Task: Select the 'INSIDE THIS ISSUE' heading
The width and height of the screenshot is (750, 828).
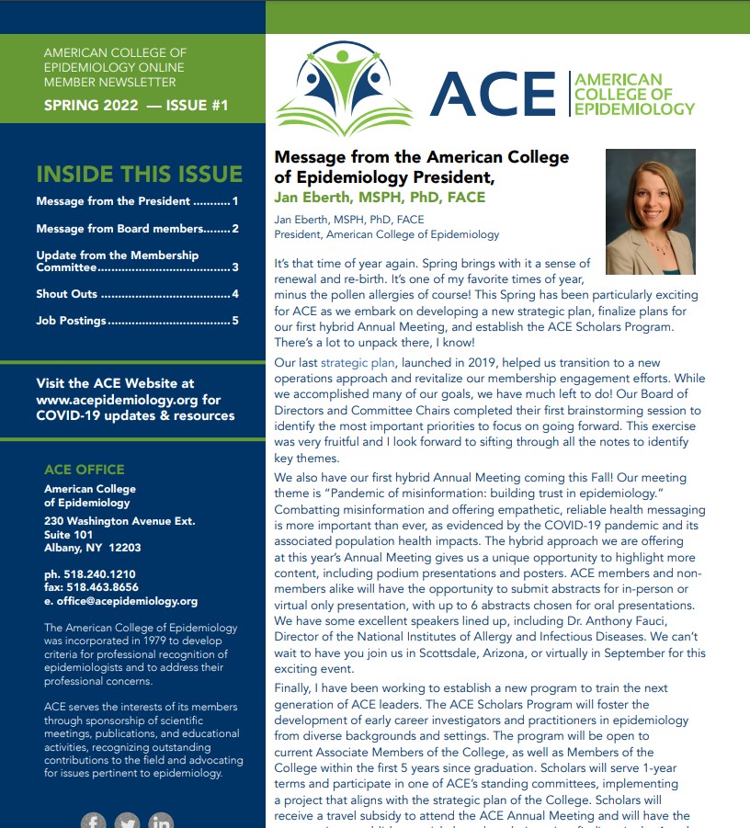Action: coord(139,174)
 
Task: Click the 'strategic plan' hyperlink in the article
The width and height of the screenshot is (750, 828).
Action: coord(358,363)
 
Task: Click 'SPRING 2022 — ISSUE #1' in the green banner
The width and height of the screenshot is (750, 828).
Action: coord(136,106)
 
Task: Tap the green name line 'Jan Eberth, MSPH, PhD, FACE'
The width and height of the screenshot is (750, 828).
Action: coord(380,197)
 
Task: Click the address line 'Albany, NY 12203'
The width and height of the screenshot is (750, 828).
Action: coord(92,548)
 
